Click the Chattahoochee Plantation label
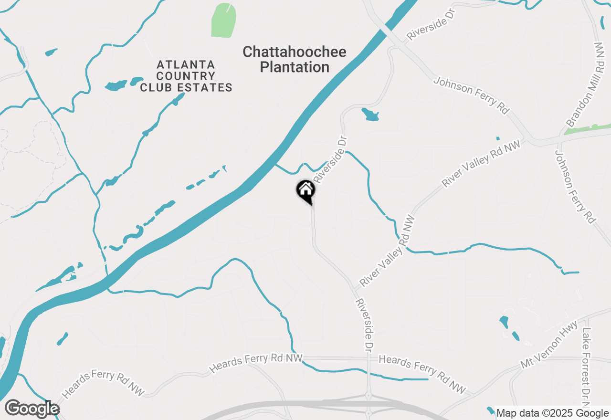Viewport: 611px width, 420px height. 295,59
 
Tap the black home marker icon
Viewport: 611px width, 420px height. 305,190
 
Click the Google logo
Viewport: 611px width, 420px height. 32,409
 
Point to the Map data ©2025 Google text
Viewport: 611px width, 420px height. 553,413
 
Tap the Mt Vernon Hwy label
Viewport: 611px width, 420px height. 549,345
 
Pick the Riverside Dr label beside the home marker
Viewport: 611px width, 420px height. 330,159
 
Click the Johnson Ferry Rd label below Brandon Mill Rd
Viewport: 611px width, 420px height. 575,187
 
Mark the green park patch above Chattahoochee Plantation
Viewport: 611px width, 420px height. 224,20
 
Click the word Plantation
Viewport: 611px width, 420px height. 295,67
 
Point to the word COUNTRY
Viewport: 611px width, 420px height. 186,76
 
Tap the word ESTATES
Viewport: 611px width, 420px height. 210,88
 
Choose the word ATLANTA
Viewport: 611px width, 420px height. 186,64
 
